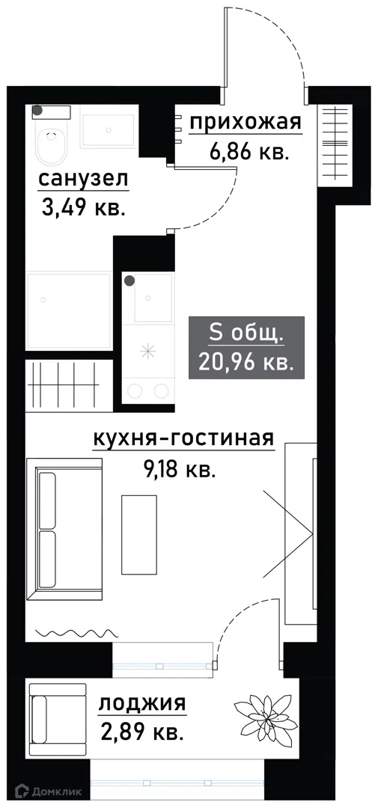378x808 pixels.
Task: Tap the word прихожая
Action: coord(245,123)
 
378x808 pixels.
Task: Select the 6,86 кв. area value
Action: coord(249,152)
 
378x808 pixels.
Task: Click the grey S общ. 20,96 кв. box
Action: coord(246,348)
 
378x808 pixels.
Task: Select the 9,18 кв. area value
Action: coord(178,469)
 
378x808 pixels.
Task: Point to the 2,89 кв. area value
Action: coord(142,731)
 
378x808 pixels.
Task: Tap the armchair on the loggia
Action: coord(57,719)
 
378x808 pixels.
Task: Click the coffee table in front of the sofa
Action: coord(139,534)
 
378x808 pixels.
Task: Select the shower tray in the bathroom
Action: coord(69,310)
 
